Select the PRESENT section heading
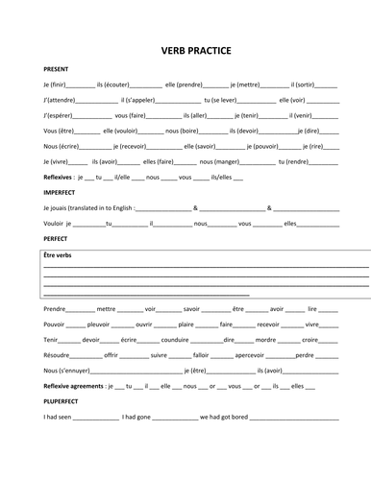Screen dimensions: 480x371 (x=57, y=70)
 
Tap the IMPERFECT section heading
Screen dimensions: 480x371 (x=61, y=192)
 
